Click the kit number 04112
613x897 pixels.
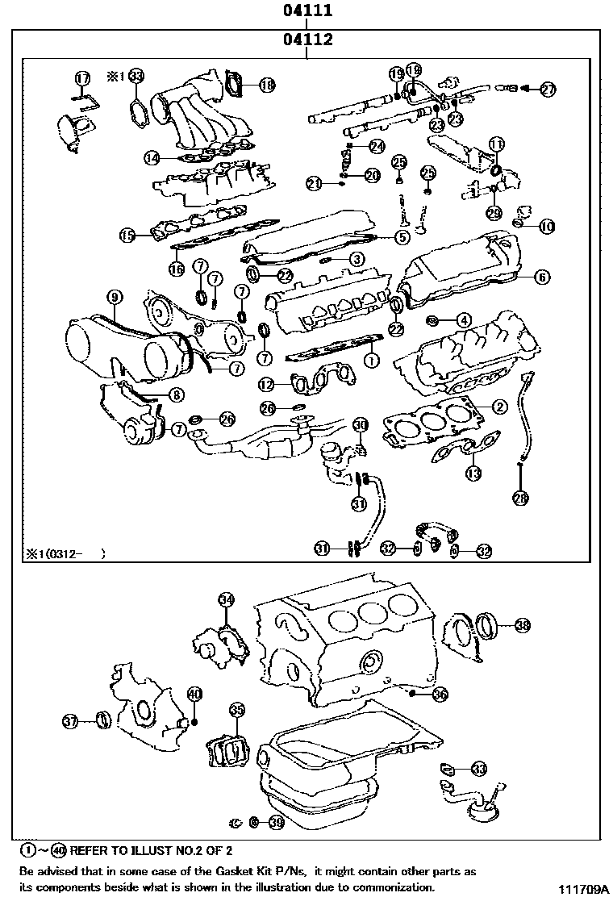coord(307,40)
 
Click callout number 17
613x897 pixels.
coord(82,78)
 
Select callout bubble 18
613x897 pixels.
coord(266,84)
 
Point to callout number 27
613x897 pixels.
coord(548,90)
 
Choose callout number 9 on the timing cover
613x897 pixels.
coord(115,298)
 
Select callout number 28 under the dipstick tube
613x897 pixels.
coord(521,499)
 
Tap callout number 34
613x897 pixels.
coord(227,599)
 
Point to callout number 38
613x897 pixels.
coord(523,625)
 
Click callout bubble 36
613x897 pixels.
coord(440,694)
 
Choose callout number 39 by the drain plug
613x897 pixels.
coord(277,823)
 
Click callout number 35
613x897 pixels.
coord(236,710)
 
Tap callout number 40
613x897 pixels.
coord(194,694)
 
